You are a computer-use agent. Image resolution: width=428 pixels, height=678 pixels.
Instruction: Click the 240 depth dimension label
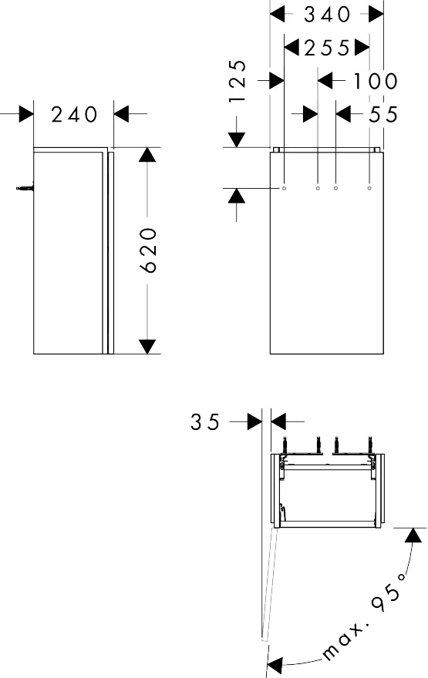75,115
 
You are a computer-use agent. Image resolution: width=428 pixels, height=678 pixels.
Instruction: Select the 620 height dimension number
150,250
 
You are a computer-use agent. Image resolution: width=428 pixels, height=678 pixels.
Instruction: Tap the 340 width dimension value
327,14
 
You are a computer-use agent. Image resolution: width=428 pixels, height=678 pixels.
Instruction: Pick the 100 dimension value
376,80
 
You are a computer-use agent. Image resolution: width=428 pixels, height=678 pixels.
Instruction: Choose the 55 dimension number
383,114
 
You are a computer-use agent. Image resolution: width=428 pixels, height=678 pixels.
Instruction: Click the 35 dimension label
205,422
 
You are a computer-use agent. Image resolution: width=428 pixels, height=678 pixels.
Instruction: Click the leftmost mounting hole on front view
285,187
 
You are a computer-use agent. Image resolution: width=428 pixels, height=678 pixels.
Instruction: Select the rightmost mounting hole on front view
370,187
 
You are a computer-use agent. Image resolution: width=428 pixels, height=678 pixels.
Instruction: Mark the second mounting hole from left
318,187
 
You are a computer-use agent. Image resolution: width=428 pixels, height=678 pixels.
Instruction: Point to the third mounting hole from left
335,187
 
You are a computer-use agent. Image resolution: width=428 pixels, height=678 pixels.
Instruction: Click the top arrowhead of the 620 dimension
148,154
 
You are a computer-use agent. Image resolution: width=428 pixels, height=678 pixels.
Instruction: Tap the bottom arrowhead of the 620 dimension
148,347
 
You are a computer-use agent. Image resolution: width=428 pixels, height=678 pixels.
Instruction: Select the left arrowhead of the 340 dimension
277,14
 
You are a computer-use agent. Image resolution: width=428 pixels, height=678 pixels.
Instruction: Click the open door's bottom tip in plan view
264,639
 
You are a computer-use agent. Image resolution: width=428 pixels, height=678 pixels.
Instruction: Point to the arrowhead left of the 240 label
26,115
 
